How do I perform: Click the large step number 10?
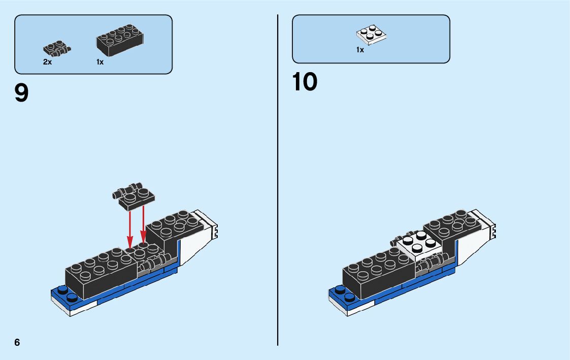305,82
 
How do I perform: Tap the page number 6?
17,342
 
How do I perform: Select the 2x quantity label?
47,62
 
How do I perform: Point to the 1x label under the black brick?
100,62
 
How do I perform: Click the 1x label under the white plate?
360,50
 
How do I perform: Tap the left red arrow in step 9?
130,228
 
